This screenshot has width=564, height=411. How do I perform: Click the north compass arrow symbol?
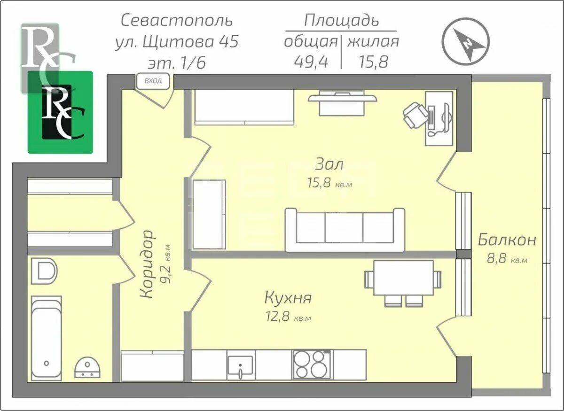point(466,41)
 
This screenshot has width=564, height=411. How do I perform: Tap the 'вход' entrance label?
point(153,81)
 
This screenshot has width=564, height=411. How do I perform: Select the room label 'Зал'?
point(329,164)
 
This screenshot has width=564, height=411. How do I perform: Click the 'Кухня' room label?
point(288,298)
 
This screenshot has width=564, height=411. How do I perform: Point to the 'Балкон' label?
point(507,240)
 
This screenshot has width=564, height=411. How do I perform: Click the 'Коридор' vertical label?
point(148,264)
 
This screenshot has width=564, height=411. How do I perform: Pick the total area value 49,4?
point(311,62)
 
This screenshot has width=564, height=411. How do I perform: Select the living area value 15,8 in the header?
point(373,62)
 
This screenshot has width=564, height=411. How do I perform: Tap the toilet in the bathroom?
point(44,271)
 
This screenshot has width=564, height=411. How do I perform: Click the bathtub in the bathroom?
point(46,338)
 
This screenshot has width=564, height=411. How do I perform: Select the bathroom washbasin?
point(87,367)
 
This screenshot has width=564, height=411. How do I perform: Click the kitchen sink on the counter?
point(240,365)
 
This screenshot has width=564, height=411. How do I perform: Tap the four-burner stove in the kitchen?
point(310,364)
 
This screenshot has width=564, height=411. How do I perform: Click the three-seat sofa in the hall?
point(345,230)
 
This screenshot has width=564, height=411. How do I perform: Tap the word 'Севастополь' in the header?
point(177,21)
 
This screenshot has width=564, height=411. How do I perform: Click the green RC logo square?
point(60,113)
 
